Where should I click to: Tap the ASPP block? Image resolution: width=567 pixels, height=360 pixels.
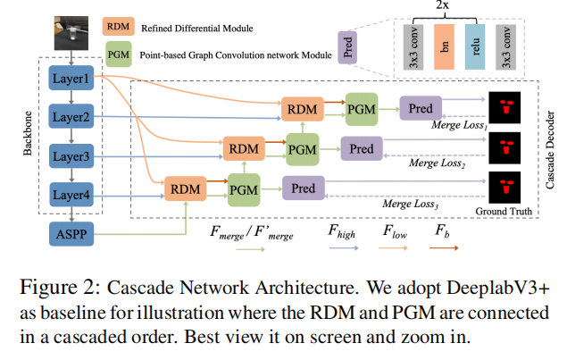click(x=73, y=233)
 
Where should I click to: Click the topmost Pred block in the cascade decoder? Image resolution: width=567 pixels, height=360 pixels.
click(x=421, y=109)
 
